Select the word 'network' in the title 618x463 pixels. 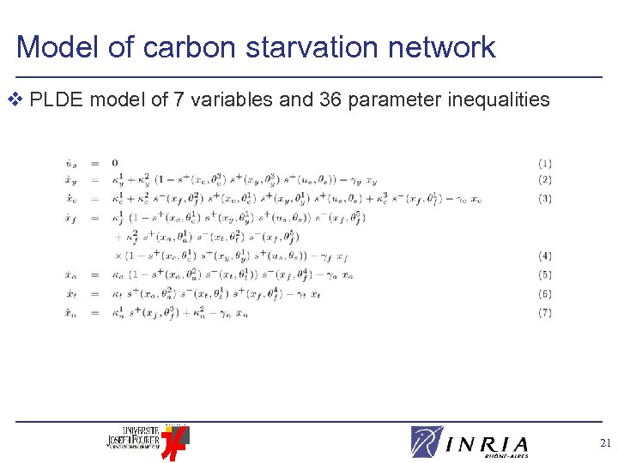tap(451, 47)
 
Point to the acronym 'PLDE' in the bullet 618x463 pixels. tap(57, 100)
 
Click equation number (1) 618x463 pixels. tap(545, 163)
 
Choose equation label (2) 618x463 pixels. tap(545, 180)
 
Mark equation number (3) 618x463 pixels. tap(545, 199)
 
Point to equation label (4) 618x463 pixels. tap(545, 256)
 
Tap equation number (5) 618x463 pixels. tap(545, 275)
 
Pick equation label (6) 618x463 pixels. tap(545, 294)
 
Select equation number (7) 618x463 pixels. tap(545, 313)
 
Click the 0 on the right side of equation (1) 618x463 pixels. tap(115, 163)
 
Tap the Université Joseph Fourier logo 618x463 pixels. tap(146, 440)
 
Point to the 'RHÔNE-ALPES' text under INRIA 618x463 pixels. tap(506, 456)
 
